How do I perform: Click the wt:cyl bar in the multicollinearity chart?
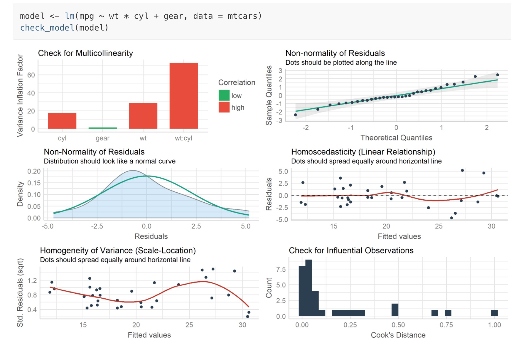(183, 96)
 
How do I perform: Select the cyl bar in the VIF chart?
(62, 121)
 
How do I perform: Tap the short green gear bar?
(102, 128)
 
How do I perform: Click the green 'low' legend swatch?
(224, 95)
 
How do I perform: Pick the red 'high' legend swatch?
(224, 107)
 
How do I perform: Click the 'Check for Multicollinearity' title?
(85, 53)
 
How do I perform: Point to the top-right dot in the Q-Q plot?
(498, 75)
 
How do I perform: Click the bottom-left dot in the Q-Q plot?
(296, 115)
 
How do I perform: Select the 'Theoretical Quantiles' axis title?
(396, 138)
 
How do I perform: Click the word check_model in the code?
(47, 28)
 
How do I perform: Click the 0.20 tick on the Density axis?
(34, 171)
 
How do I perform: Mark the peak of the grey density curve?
(133, 170)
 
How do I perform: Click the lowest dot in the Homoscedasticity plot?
(451, 218)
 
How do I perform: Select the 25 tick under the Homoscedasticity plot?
(439, 226)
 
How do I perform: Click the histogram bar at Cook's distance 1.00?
(494, 313)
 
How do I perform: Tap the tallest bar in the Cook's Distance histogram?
(308, 288)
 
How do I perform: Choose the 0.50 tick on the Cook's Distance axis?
(398, 325)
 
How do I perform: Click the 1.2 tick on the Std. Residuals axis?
(32, 280)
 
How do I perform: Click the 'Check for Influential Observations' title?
(351, 250)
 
